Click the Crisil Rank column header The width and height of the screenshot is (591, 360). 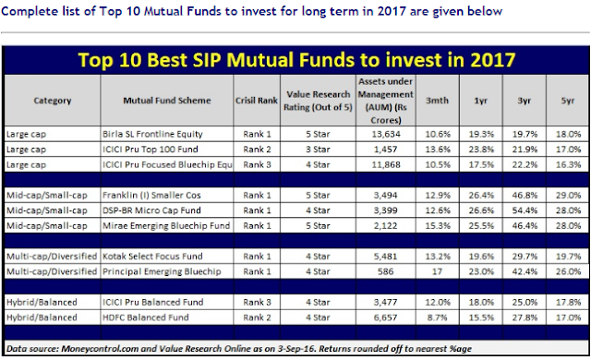(257, 101)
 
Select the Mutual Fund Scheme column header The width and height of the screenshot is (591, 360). (167, 101)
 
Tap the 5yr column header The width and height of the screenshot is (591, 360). (568, 101)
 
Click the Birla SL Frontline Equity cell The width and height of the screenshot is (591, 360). (152, 134)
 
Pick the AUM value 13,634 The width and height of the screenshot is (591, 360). (386, 134)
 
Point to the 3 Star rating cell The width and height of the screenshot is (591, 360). (318, 150)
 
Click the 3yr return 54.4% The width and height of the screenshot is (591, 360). (525, 210)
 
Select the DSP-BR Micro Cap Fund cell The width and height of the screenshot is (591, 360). (151, 210)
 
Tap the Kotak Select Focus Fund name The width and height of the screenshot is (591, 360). (152, 257)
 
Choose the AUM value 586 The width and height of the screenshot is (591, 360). (386, 271)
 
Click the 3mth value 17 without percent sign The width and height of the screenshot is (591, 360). (437, 271)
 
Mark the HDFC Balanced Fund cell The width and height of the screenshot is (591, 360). (146, 318)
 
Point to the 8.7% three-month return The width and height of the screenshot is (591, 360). (437, 318)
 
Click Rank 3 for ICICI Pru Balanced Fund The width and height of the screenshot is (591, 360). (257, 303)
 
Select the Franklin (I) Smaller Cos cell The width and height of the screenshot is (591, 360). (151, 196)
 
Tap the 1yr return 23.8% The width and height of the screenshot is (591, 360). (481, 150)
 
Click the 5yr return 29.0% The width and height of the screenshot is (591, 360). (569, 196)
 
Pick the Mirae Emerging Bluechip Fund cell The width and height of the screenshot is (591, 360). (166, 226)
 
